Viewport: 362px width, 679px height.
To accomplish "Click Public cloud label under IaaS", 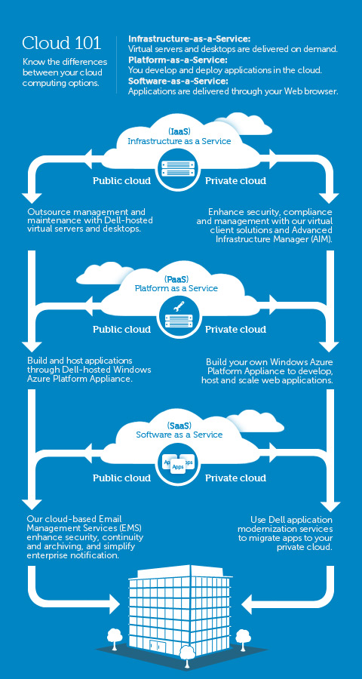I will point(121,181).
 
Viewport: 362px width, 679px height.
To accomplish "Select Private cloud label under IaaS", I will point(236,181).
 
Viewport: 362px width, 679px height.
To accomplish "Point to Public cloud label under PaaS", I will point(121,330).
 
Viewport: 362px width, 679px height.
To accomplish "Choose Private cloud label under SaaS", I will point(236,478).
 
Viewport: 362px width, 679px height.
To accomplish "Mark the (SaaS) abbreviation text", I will point(179,425).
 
